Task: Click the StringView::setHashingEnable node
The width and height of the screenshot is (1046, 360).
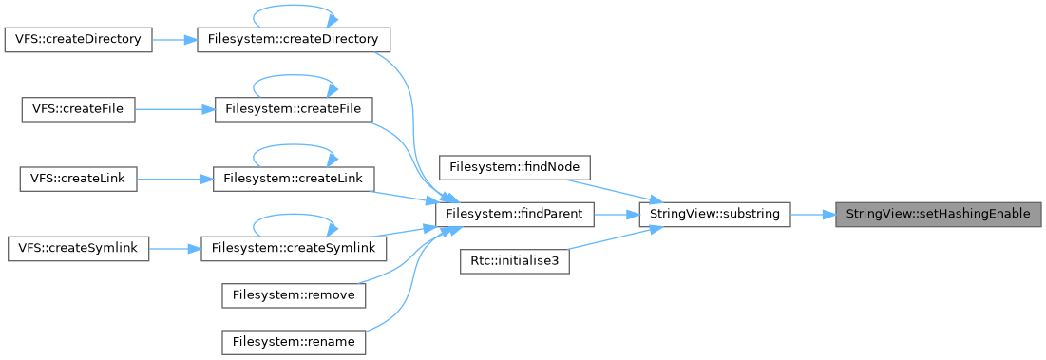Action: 938,215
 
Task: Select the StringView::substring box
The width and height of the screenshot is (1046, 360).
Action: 714,215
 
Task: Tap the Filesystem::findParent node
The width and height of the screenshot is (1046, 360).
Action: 514,215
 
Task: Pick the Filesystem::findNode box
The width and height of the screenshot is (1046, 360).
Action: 514,166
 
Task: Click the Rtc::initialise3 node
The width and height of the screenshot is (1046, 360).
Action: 514,263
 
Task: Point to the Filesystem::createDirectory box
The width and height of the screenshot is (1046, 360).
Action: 294,39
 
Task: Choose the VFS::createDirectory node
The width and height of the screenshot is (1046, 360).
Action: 79,39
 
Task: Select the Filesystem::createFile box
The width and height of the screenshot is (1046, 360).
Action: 294,109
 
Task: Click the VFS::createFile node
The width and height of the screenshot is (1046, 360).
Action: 79,109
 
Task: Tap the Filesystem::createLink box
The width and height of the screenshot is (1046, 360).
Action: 294,180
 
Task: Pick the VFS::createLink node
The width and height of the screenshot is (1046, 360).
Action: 79,180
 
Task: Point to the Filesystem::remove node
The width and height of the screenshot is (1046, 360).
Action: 294,294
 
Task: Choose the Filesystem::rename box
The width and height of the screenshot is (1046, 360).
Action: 294,343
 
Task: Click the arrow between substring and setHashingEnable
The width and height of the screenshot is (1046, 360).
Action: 812,215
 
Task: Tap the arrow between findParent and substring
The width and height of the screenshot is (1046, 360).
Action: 616,215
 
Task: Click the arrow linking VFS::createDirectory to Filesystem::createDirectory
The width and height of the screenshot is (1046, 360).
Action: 176,39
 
